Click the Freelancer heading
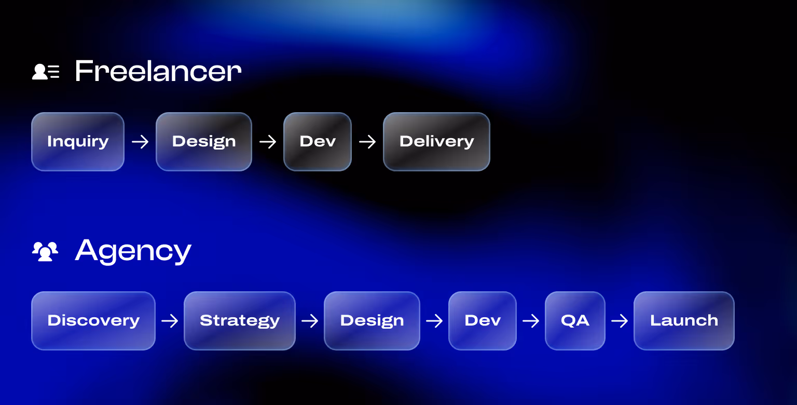coord(158,71)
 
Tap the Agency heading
coord(133,251)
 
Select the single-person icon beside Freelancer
coord(46,72)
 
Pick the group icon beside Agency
coord(45,251)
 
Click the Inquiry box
coord(78,142)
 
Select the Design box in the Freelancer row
coord(204,142)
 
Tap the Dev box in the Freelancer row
coord(318,142)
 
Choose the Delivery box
coord(436,142)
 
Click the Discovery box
coord(93,321)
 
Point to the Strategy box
coord(240,321)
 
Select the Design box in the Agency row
coord(372,321)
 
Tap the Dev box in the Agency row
coord(483,321)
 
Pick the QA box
coord(575,321)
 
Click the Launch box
coord(684,321)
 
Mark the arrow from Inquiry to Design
coord(140,142)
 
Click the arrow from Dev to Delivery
coord(367,142)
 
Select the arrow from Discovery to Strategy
coord(170,321)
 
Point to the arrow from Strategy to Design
coord(310,321)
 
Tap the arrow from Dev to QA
coord(531,321)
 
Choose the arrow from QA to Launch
coord(620,321)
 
